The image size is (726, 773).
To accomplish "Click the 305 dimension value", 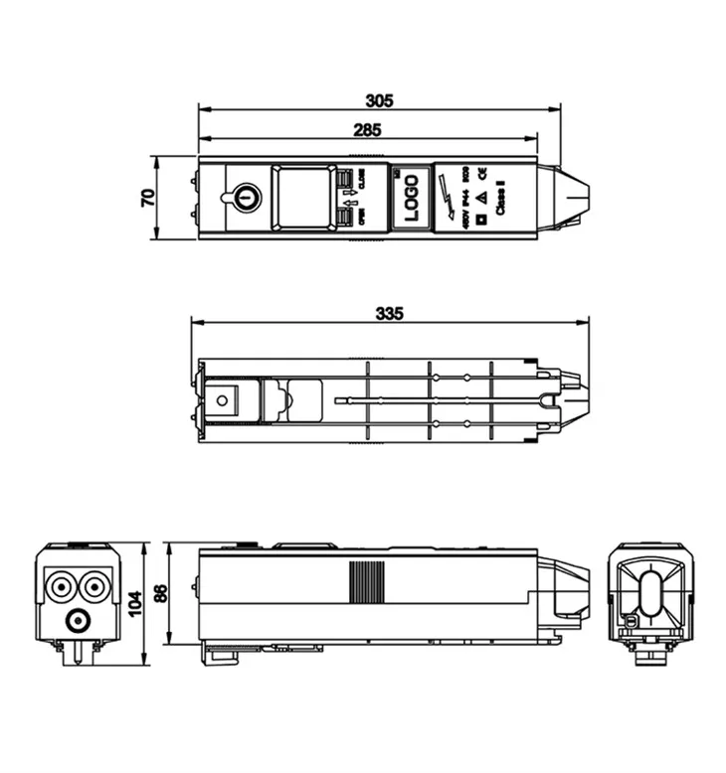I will [x=379, y=100].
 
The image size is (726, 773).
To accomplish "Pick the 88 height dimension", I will [x=160, y=594].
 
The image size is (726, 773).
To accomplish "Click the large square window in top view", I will [x=302, y=197].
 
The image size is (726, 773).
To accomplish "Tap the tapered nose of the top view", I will [x=571, y=197].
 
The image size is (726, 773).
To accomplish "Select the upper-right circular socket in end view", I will [x=93, y=586].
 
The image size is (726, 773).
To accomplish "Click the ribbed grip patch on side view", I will [x=367, y=582].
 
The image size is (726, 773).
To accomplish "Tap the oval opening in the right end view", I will [x=649, y=594].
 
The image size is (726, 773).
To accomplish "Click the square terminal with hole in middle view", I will [x=223, y=401].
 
